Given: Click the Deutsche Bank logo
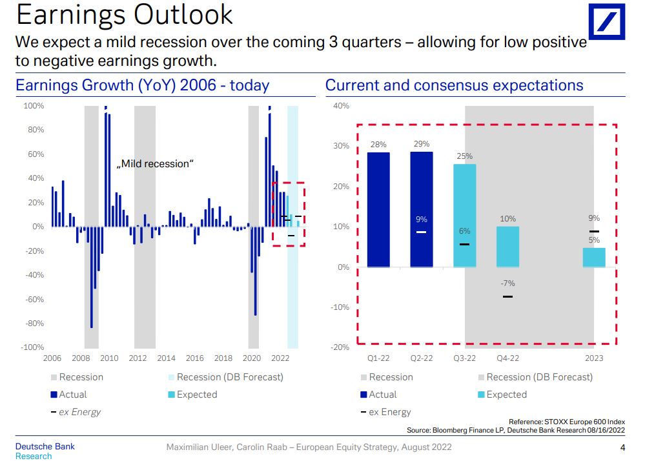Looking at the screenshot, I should [606, 22].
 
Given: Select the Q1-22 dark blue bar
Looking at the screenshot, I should [378, 210].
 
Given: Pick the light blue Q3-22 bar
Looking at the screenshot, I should [465, 216].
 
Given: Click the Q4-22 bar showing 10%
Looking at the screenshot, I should [507, 247].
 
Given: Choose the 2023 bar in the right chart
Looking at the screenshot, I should [594, 258].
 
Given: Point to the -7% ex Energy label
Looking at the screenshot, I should [507, 283].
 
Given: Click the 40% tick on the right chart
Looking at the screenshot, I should [342, 106].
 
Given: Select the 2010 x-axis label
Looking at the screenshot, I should [109, 358].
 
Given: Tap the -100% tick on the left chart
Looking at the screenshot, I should [33, 347].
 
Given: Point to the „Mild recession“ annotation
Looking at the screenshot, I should [155, 164].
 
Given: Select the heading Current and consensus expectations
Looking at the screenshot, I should [454, 85].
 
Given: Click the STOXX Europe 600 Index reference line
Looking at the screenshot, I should [567, 422].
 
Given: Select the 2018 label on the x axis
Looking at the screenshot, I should [223, 358].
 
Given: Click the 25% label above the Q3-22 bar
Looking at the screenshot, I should [465, 156].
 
